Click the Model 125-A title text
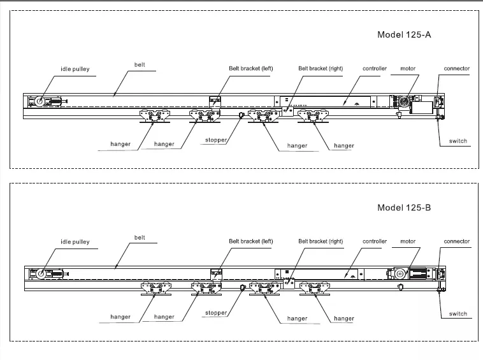pos(404,34)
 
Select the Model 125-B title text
pos(404,207)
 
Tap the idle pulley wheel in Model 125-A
pos(40,101)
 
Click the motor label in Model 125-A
pos(408,68)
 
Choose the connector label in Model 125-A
pos(457,68)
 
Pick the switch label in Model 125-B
pos(458,313)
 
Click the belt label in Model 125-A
pos(140,64)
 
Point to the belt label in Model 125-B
pos(140,237)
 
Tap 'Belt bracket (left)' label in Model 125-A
pos(251,68)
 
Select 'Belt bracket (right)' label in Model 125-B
pos(321,241)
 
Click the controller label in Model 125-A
pos(375,68)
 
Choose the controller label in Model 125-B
pos(375,241)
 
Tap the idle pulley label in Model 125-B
pos(75,241)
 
